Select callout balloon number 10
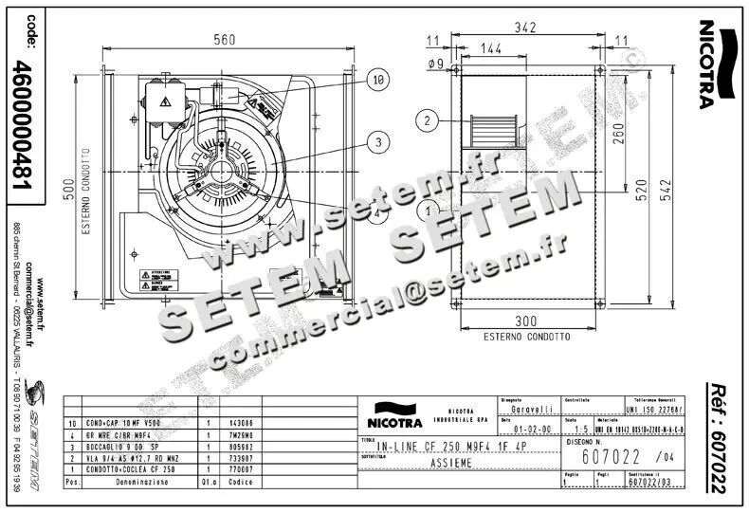point(377,82)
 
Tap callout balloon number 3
point(378,142)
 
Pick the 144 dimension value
point(491,48)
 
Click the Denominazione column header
point(142,482)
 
